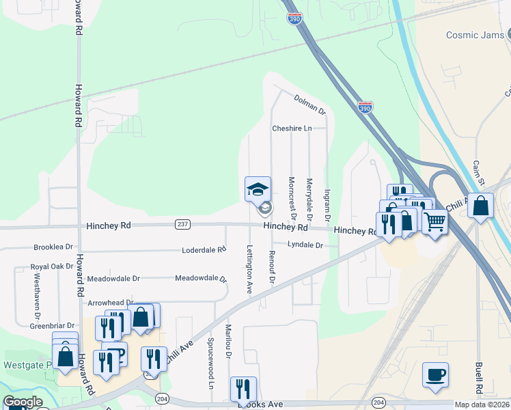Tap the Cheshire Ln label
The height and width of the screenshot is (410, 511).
pyautogui.click(x=292, y=128)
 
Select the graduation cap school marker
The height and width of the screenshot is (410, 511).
pyautogui.click(x=258, y=189)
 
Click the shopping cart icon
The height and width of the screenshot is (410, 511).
pyautogui.click(x=434, y=221)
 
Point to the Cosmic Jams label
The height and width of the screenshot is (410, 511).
pyautogui.click(x=473, y=35)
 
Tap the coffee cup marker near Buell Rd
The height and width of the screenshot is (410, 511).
pyautogui.click(x=435, y=375)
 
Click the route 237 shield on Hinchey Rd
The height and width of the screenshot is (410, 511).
pyautogui.click(x=182, y=224)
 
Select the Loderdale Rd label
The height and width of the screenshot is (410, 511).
pyautogui.click(x=204, y=250)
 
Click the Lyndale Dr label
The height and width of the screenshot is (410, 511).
pyautogui.click(x=305, y=244)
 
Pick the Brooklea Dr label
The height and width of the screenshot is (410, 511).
pyautogui.click(x=53, y=247)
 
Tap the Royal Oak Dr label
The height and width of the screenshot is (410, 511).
pyautogui.click(x=51, y=266)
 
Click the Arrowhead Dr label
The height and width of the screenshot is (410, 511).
pyautogui.click(x=110, y=302)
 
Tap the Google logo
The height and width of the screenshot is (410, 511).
pyautogui.click(x=23, y=402)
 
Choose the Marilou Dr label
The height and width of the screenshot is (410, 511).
pyautogui.click(x=229, y=341)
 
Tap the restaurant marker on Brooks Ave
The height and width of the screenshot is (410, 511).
pyautogui.click(x=243, y=389)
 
